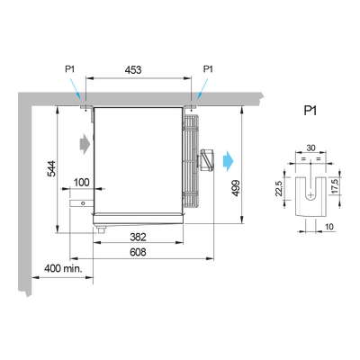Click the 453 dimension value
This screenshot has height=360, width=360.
coord(133,70)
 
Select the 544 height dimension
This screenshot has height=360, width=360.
coord(51,169)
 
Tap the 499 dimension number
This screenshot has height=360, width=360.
coord(236,188)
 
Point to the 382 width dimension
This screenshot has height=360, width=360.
coord(138,237)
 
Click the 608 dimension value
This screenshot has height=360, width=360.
coord(138,252)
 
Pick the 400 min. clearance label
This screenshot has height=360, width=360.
coord(63,268)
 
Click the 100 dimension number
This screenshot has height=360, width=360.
coord(82,182)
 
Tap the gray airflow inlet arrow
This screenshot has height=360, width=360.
coord(85,144)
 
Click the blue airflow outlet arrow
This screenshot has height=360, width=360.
coord(228,161)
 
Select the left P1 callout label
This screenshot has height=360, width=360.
coord(70,69)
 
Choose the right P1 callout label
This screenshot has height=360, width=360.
coord(208,69)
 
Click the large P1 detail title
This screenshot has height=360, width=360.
coord(310,111)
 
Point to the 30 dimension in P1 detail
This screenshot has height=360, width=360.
coord(310,148)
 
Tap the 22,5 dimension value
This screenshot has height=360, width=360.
coord(279,188)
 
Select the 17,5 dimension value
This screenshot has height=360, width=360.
coord(335,186)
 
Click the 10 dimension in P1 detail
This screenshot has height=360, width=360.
coord(329,227)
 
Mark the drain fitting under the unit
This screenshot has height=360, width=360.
coord(101,229)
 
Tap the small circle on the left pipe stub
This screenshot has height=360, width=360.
coord(83,203)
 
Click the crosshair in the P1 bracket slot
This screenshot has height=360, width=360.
coord(310,195)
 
